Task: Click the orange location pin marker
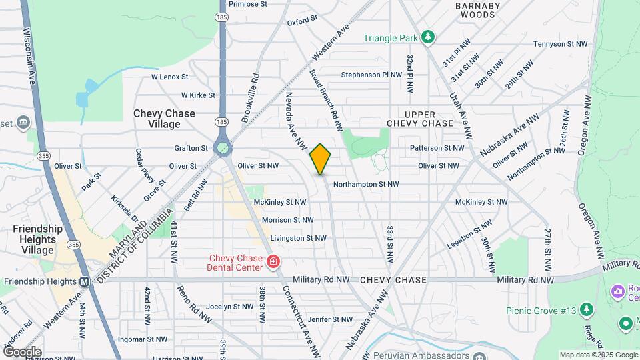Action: coord(320,159)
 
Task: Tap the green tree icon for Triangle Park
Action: coord(429,37)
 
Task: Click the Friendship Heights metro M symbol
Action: coord(84,281)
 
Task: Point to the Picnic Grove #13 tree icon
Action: coord(586,309)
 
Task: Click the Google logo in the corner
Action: coord(22,352)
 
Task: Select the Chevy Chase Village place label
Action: coord(164,119)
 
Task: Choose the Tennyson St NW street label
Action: coord(560,44)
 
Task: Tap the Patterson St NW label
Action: coord(437,147)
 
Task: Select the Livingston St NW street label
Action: coord(298,238)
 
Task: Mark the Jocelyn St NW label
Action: coord(229,307)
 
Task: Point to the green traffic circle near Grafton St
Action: coord(222,147)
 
